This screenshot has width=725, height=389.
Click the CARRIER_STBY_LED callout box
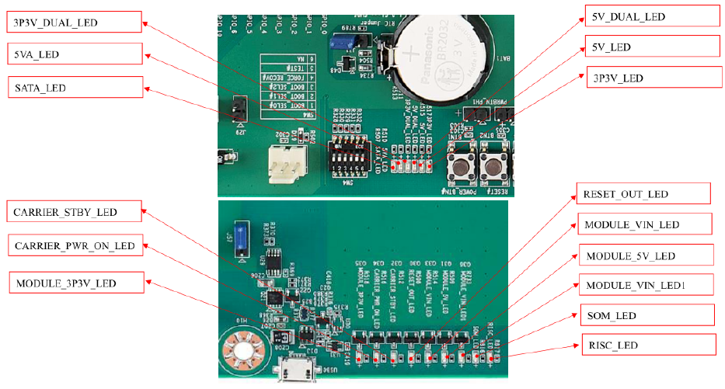(x=75, y=211)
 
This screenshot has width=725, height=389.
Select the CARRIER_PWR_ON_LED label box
(x=75, y=247)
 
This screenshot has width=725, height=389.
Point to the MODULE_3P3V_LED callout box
(x=75, y=283)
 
